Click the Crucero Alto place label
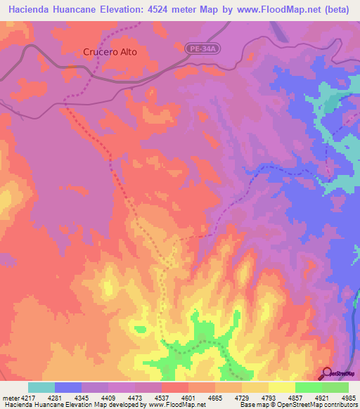110,52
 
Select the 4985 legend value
347,398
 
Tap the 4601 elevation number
186,398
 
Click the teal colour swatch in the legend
41,387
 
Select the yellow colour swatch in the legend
281,387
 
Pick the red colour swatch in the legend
174,387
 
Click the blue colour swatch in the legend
67,387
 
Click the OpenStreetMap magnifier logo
325,373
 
